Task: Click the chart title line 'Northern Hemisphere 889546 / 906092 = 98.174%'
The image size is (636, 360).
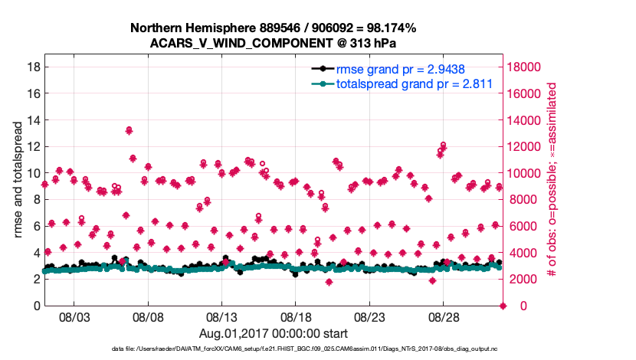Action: tap(273, 28)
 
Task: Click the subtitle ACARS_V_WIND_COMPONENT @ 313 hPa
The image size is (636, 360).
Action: tap(273, 43)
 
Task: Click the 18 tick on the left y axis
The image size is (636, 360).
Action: tap(34, 67)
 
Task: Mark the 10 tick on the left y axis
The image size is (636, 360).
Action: tap(34, 173)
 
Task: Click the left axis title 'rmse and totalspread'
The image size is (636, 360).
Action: tap(18, 173)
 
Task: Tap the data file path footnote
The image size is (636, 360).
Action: tap(273, 349)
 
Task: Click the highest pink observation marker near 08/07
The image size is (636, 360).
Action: tap(129, 130)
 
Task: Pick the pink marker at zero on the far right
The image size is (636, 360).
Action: tap(503, 306)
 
